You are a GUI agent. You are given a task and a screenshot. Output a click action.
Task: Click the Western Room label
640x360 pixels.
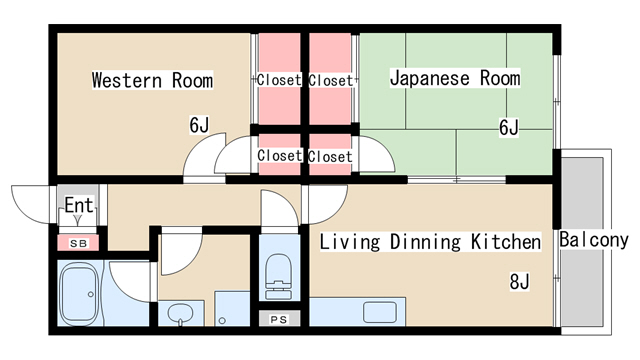pyautogui.click(x=152, y=79)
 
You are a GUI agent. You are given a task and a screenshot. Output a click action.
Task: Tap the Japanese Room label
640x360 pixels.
pyautogui.click(x=455, y=78)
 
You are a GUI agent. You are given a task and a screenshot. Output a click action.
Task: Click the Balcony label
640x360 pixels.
pyautogui.click(x=593, y=240)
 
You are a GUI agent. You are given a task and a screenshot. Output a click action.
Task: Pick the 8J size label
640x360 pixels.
pyautogui.click(x=518, y=282)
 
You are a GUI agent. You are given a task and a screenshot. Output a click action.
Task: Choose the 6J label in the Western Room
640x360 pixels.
pyautogui.click(x=199, y=125)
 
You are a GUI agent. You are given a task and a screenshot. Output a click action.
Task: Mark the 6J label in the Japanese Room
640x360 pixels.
pyautogui.click(x=509, y=126)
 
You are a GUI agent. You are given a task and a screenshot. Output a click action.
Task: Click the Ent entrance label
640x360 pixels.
pyautogui.click(x=78, y=206)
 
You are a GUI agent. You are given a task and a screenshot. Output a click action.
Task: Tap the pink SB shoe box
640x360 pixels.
pyautogui.click(x=77, y=242)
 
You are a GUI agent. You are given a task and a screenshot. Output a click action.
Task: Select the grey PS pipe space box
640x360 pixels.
pyautogui.click(x=277, y=319)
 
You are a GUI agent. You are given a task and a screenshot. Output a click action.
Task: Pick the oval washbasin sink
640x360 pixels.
pyautogui.click(x=180, y=315)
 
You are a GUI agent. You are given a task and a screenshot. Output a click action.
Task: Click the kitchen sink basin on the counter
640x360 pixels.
pyautogui.click(x=380, y=312)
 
